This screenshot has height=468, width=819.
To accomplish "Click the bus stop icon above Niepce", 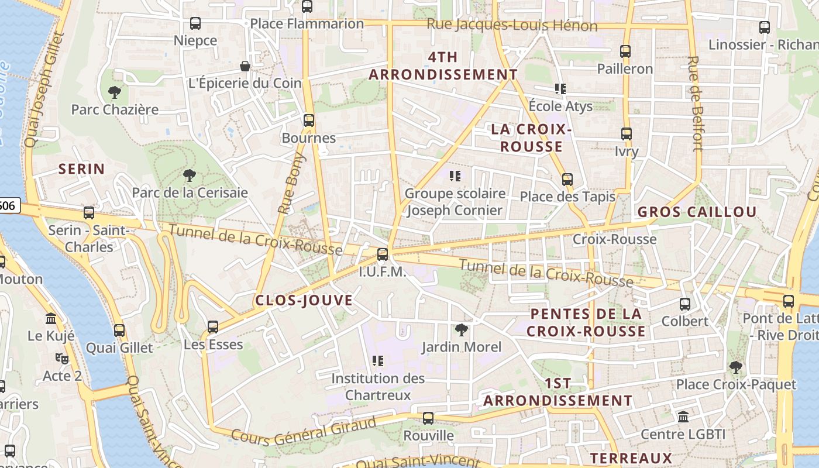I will pyautogui.click(x=195, y=23).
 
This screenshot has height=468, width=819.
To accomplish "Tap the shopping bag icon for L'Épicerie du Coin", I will pyautogui.click(x=245, y=66).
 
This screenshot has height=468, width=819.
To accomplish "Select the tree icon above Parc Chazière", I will pyautogui.click(x=115, y=92).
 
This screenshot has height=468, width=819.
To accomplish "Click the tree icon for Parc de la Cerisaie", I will pyautogui.click(x=189, y=175).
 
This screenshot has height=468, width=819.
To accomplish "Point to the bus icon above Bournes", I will pyautogui.click(x=308, y=121).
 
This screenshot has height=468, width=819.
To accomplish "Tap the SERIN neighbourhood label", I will pyautogui.click(x=82, y=170).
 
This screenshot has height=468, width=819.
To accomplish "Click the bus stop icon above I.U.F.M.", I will pyautogui.click(x=383, y=254).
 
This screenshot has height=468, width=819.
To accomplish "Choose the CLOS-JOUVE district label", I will pyautogui.click(x=304, y=301).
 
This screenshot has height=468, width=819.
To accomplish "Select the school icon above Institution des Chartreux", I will pyautogui.click(x=378, y=361).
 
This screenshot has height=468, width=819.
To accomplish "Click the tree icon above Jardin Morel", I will pyautogui.click(x=462, y=329).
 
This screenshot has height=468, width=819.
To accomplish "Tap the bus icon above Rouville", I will pyautogui.click(x=428, y=418).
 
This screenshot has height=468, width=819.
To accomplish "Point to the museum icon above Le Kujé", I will pyautogui.click(x=51, y=319).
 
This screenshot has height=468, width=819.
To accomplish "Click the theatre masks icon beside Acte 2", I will pyautogui.click(x=62, y=358).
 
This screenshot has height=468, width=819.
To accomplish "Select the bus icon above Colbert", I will pyautogui.click(x=685, y=304).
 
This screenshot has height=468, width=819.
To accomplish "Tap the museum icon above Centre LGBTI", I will pyautogui.click(x=683, y=417).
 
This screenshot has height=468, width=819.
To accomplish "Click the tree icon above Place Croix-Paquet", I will pyautogui.click(x=736, y=367).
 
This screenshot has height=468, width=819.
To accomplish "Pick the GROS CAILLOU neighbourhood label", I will pyautogui.click(x=697, y=212).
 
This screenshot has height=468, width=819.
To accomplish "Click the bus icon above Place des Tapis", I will pyautogui.click(x=567, y=180).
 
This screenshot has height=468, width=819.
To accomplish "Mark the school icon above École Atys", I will pyautogui.click(x=560, y=89).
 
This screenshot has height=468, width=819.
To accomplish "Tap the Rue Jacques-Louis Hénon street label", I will pyautogui.click(x=512, y=25).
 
